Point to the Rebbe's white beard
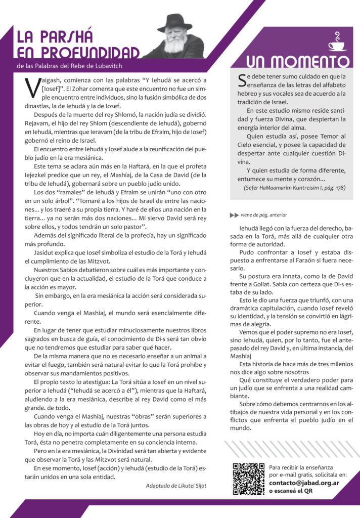pyautogui.click(x=175, y=45)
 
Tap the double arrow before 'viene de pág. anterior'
pyautogui.click(x=234, y=215)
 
